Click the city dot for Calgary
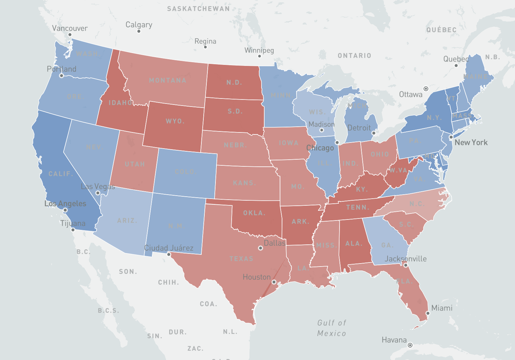[x=138, y=31]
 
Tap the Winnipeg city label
[x=259, y=50]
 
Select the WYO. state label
[x=175, y=121]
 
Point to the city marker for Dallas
[x=260, y=248]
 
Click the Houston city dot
[x=274, y=282]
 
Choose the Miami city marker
[x=428, y=313]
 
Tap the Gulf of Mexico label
[x=331, y=328]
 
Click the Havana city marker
[x=410, y=345]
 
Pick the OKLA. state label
[x=254, y=213]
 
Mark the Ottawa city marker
[x=426, y=89]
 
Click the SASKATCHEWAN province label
[x=198, y=9]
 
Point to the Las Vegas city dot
[x=98, y=193]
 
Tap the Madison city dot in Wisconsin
[x=322, y=130]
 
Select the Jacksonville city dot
[x=406, y=265]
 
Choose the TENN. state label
[x=358, y=207]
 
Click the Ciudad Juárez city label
[x=169, y=248]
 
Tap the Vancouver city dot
[x=70, y=35]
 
